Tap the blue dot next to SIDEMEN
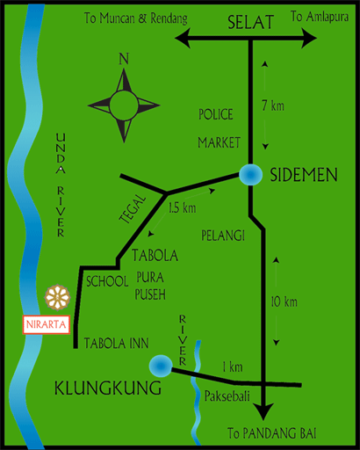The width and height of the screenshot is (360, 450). pos(250,175)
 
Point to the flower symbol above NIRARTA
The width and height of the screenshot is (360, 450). pos(57,297)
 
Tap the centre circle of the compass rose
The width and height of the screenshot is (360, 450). pos(123,106)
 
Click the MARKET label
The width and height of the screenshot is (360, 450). pos(220,142)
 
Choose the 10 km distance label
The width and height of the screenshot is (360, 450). pos(284,302)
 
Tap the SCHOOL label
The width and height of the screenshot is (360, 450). pos(109,281)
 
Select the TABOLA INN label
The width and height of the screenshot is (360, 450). pos(116,343)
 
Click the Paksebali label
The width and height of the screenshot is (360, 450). pos(227,397)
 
